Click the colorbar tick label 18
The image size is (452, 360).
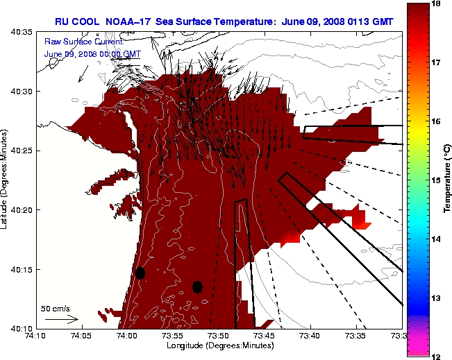click(x=437, y=4)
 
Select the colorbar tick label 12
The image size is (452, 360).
click(x=437, y=356)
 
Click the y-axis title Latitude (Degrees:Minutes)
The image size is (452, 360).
click(x=6, y=180)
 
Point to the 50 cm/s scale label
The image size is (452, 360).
click(x=55, y=309)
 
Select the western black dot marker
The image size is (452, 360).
click(x=140, y=273)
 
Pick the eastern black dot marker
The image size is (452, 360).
click(x=197, y=286)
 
